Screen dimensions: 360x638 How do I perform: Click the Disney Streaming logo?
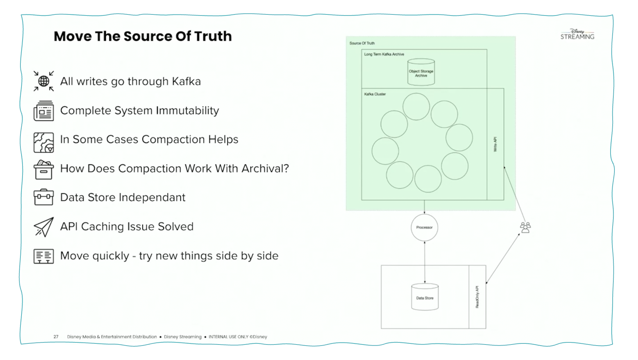(577, 35)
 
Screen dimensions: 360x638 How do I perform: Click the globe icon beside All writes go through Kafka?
(44, 81)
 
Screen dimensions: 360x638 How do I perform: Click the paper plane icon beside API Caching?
(44, 227)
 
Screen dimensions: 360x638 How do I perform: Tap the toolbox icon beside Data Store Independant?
(44, 197)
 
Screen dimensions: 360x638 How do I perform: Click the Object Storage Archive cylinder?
(421, 72)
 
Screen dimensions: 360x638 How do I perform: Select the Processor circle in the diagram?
(424, 228)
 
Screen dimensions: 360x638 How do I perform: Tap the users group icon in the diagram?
(525, 227)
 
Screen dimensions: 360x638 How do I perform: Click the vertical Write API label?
(495, 144)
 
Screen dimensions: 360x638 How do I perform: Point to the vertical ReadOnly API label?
(477, 297)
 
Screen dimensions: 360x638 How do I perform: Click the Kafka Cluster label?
(375, 94)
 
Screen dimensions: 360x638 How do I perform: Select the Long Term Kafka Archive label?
(384, 54)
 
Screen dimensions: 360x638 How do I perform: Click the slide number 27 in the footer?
(56, 337)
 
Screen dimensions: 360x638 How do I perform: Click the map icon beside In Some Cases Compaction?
(44, 142)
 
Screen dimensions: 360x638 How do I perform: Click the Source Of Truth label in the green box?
(362, 43)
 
